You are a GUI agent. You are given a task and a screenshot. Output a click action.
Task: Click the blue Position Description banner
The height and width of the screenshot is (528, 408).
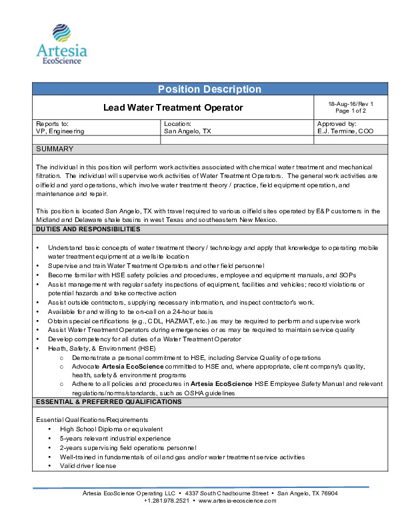coord(209,89)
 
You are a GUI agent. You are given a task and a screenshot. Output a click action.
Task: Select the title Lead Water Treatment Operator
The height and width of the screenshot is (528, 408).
coord(173,107)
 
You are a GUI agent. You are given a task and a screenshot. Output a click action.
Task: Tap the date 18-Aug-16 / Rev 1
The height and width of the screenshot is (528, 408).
coord(351,104)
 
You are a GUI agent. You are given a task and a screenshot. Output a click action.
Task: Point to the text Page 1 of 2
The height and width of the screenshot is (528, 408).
coord(351,111)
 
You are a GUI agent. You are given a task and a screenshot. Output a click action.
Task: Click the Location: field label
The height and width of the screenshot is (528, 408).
coord(177,124)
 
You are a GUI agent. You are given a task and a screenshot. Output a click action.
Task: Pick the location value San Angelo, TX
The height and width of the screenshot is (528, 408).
coord(187,131)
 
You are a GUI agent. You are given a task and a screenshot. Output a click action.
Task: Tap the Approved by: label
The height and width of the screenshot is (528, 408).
coord(337,124)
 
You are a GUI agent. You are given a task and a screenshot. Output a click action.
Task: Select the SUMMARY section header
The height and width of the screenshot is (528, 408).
coord(55,149)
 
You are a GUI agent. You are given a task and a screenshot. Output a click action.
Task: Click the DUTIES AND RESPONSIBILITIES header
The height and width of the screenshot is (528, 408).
coord(88,229)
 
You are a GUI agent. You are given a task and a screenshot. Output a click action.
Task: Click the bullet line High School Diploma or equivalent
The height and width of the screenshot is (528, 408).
coord(111,429)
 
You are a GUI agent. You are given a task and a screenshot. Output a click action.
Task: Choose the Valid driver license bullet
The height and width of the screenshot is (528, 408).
coord(87,466)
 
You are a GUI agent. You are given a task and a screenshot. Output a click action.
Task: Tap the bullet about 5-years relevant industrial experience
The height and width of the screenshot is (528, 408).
coord(115,438)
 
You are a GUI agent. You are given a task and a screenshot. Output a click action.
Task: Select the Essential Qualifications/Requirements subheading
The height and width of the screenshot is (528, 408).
coord(92,419)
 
